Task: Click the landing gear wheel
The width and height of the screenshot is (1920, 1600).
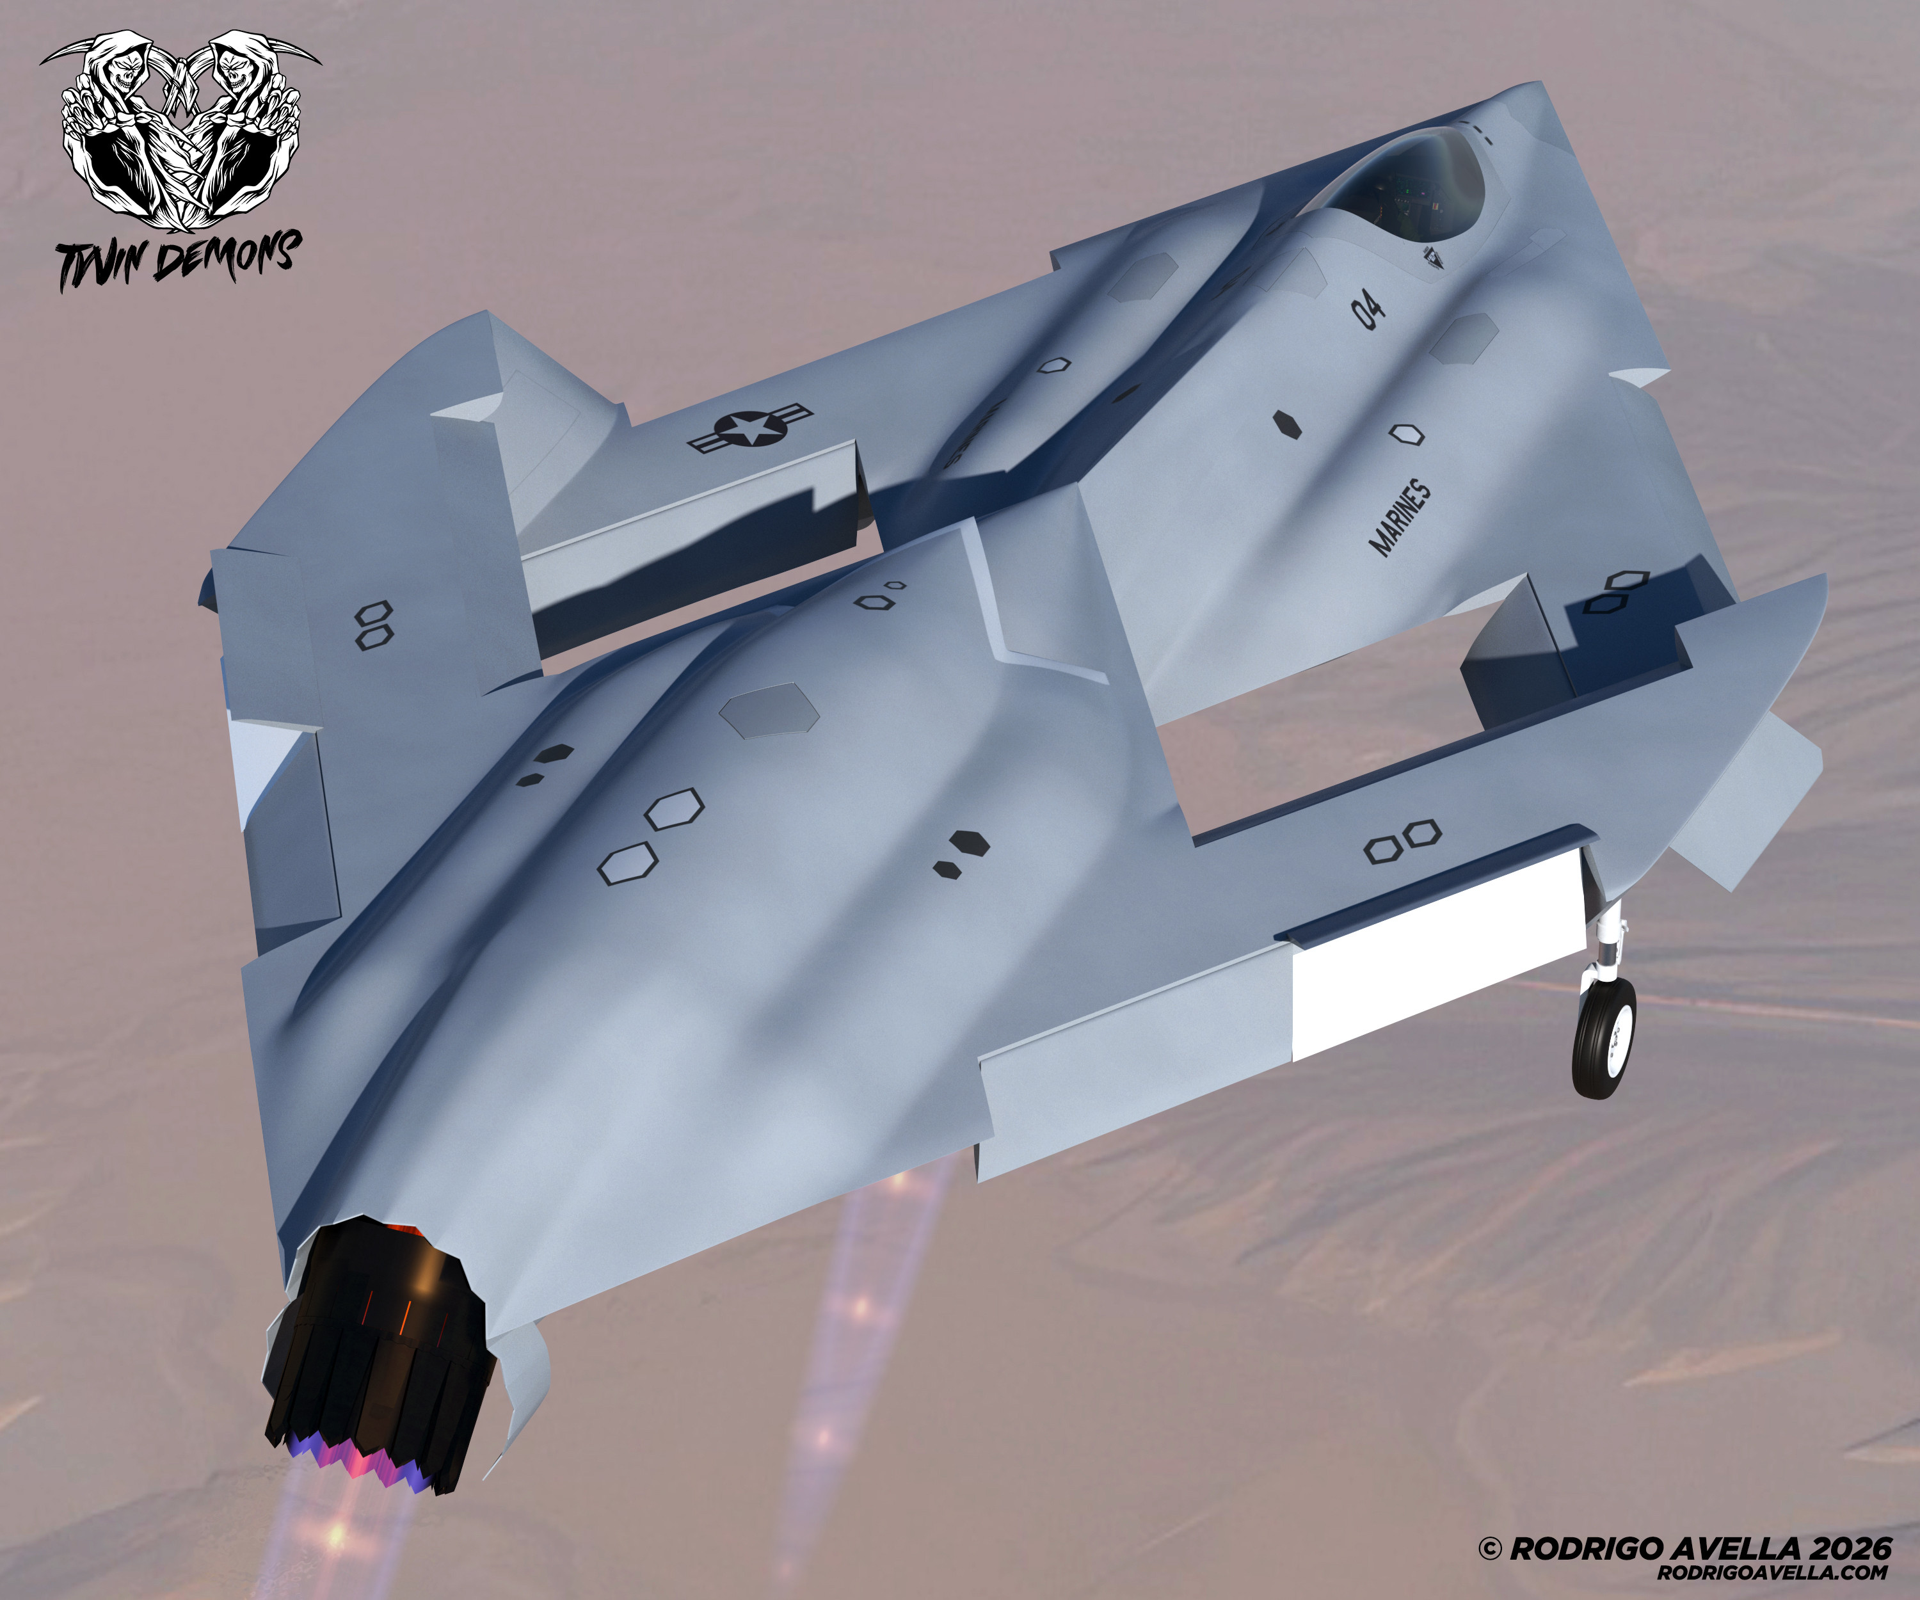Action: click(1604, 1036)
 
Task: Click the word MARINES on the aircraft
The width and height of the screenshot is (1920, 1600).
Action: click(1400, 516)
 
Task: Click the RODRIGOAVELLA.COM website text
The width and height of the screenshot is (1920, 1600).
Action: click(1773, 1572)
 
